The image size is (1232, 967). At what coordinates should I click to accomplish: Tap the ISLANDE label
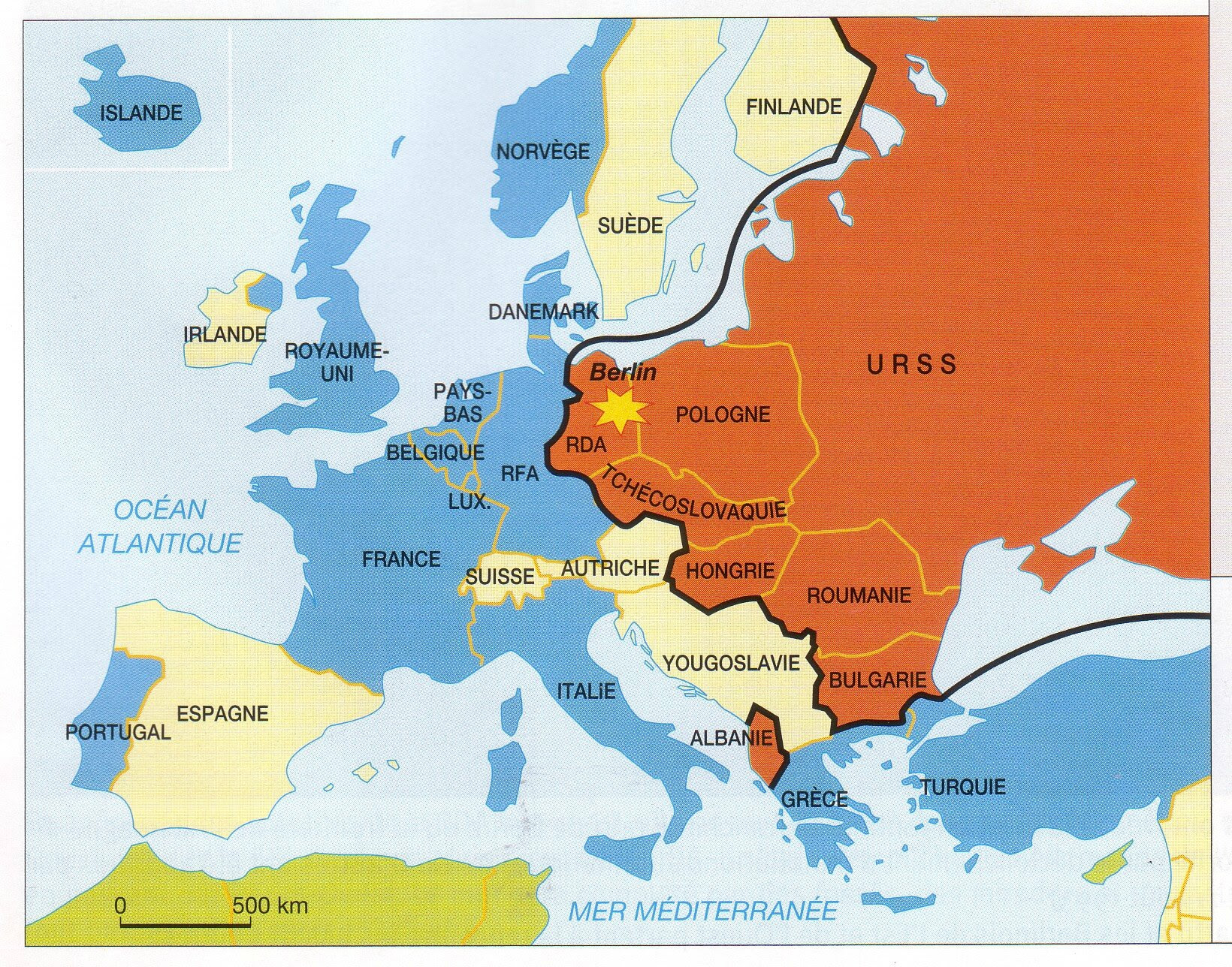pos(141,113)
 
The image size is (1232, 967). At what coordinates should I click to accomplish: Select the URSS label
pos(912,365)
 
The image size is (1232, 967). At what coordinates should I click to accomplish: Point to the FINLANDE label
pos(793,107)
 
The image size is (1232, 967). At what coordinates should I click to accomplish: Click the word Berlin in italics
pos(622,372)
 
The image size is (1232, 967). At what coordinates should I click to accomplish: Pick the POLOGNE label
pos(723,414)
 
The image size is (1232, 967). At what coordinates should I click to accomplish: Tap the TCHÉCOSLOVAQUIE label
pos(692,493)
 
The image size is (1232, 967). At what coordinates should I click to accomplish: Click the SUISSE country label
pos(500,577)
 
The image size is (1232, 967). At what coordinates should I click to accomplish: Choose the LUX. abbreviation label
pos(470,502)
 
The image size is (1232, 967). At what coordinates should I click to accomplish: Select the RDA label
pos(586,445)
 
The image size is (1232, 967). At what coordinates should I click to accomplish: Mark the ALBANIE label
pos(732,737)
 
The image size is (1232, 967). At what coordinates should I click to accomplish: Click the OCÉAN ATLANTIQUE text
pos(160,526)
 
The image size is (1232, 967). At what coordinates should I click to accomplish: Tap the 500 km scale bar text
pos(270,905)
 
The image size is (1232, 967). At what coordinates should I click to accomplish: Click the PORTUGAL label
pos(118,731)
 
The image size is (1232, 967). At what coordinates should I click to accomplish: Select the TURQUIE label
pos(963,787)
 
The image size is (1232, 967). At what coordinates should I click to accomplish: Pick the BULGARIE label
pos(877,679)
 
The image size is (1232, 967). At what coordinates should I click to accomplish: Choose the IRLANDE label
pos(225,334)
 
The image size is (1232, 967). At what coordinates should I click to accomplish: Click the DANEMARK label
pos(543,312)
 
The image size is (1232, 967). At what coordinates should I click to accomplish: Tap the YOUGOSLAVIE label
pos(730,663)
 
